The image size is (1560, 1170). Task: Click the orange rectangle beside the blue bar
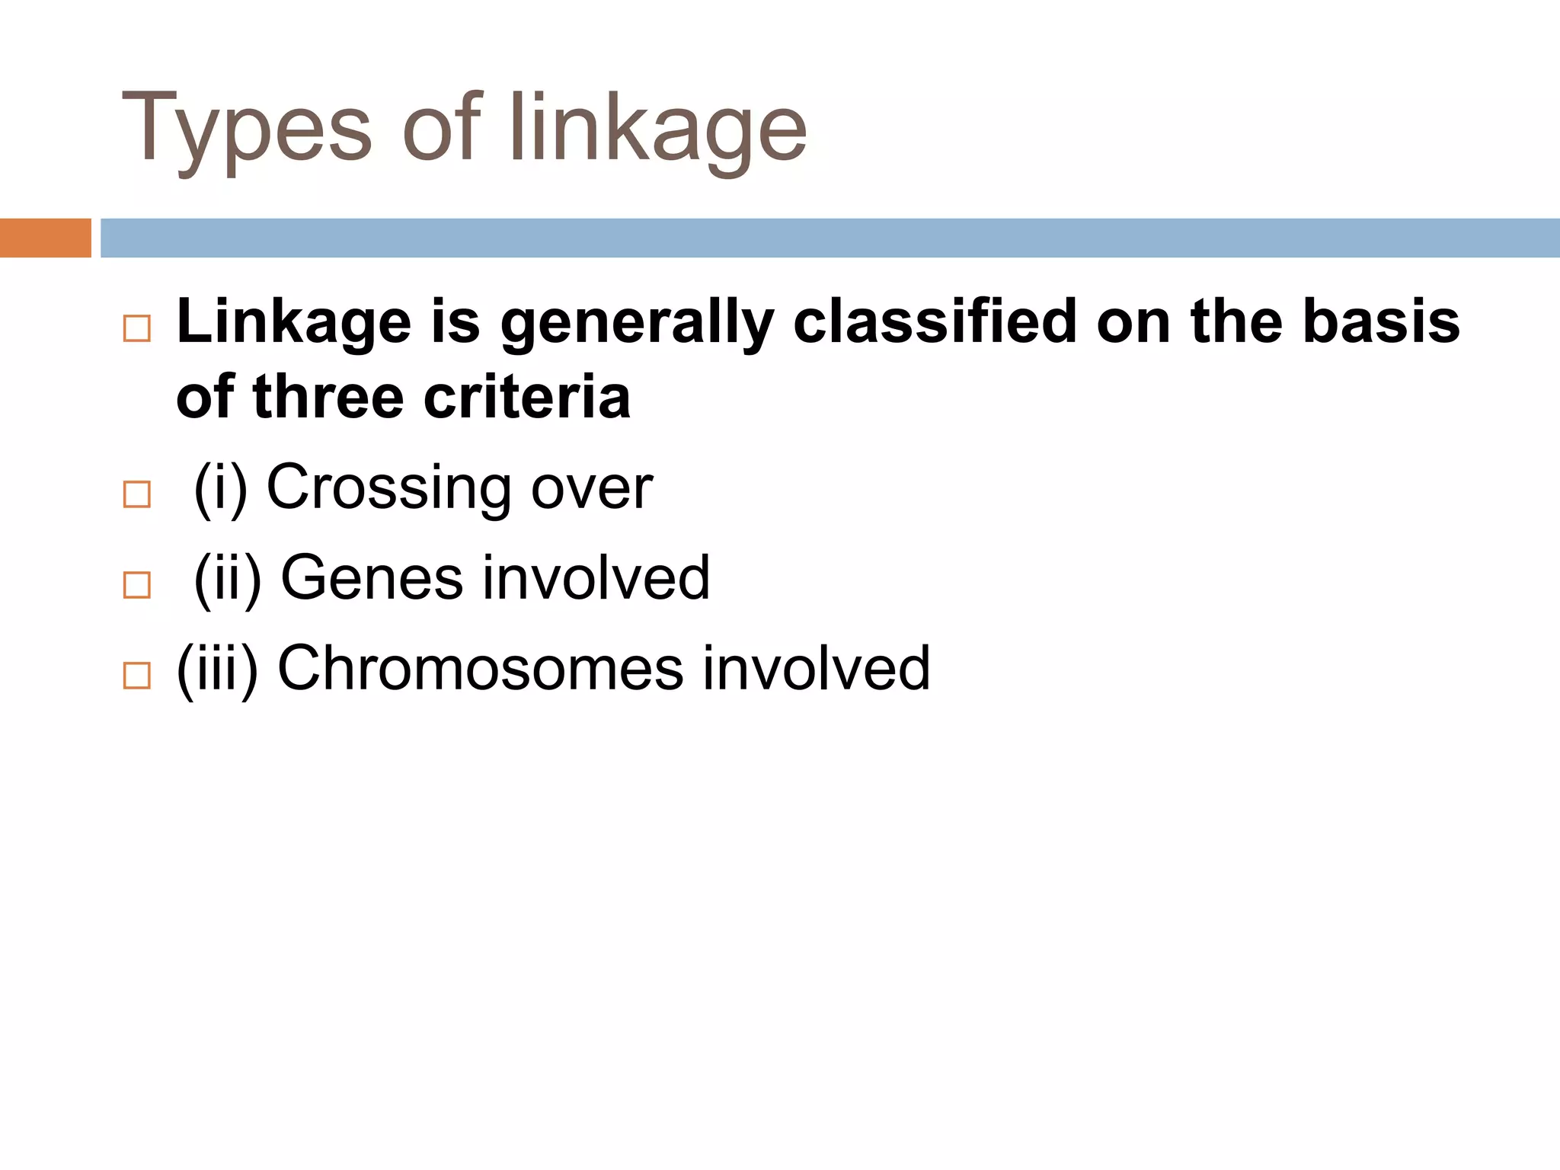(45, 238)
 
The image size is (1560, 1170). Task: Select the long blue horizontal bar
(830, 238)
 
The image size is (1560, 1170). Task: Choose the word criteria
(526, 398)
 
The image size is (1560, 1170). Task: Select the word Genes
(372, 578)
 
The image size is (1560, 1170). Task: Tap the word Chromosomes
(480, 669)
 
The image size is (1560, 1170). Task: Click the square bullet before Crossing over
(137, 494)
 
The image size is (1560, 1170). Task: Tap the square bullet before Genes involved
(137, 585)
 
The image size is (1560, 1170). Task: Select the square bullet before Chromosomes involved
(137, 676)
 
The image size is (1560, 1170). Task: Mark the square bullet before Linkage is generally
(137, 328)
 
